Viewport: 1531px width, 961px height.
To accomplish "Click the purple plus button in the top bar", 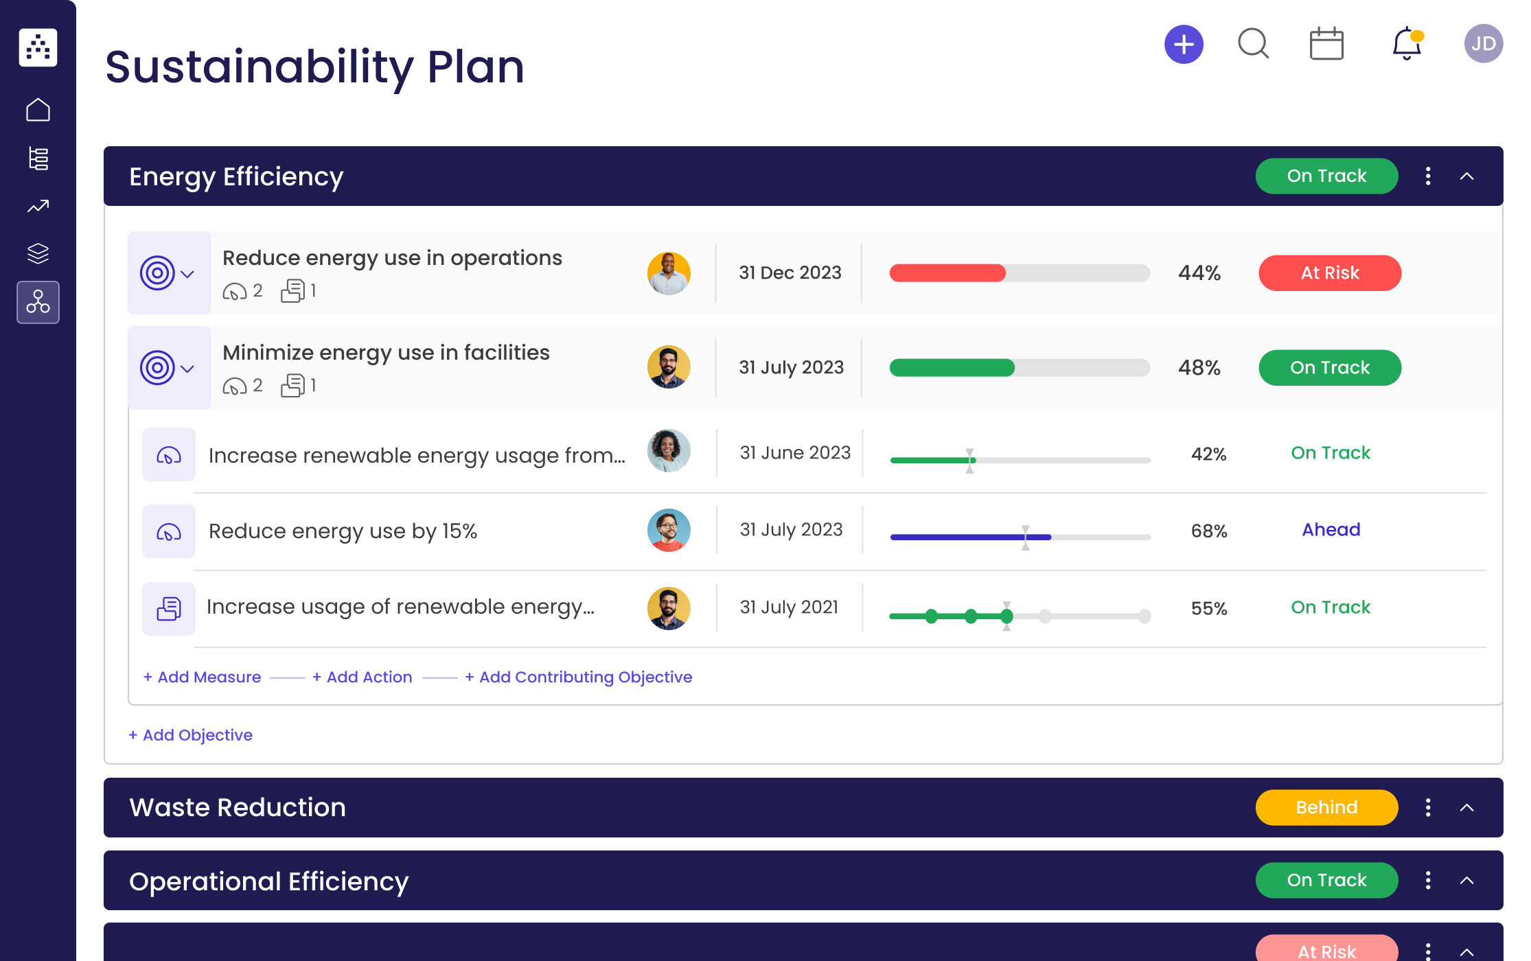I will click(x=1184, y=45).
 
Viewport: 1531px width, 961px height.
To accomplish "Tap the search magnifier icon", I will click(x=1253, y=44).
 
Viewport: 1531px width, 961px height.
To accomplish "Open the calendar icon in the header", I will click(x=1326, y=44).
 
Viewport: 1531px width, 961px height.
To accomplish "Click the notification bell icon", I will click(x=1406, y=44).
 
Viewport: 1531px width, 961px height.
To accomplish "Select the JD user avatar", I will click(x=1483, y=44).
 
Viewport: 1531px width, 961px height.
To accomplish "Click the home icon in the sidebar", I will click(x=38, y=110).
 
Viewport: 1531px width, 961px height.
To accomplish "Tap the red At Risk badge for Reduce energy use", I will click(x=1329, y=273).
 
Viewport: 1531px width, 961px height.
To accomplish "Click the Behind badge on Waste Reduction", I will click(x=1326, y=807).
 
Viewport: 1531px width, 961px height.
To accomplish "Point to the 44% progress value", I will click(x=1199, y=273).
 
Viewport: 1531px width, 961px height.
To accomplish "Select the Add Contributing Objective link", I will click(x=578, y=677).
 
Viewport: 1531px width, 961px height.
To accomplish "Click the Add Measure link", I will click(x=202, y=677).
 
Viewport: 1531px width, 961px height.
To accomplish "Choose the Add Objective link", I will click(x=190, y=735).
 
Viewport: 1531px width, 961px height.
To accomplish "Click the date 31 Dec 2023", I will click(x=790, y=273).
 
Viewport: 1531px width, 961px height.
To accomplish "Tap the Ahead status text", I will click(x=1331, y=530).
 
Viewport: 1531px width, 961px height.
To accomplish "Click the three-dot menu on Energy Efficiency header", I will click(x=1428, y=176).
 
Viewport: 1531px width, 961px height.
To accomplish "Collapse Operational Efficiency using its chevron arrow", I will click(x=1466, y=881).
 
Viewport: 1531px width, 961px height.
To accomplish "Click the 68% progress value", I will click(x=1208, y=531).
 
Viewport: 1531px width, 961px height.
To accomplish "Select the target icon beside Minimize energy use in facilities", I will click(x=158, y=368).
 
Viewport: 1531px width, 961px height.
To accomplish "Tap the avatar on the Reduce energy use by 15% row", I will click(x=668, y=530).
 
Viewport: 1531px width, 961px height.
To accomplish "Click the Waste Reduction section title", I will click(x=238, y=807).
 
